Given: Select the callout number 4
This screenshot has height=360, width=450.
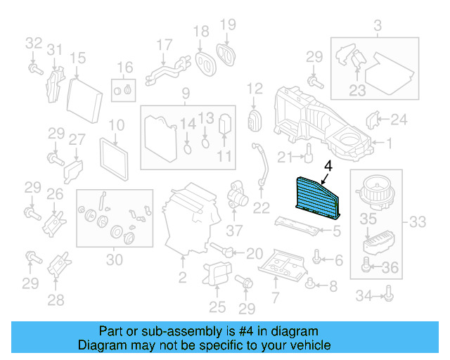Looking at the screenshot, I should pos(328,166).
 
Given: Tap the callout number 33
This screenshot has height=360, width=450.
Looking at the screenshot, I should pos(417,223).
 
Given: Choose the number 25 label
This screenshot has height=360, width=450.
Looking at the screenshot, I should pos(217,307).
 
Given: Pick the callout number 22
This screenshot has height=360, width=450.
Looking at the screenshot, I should pos(262,207).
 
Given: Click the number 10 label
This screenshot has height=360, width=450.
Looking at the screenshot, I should pos(115,126).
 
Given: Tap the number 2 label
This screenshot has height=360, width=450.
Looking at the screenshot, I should pos(182,278).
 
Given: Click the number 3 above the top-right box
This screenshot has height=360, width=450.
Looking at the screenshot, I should pos(377,27).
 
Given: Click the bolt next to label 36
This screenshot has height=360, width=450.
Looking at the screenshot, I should pos(366,266).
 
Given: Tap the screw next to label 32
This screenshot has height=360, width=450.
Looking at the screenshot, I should pos(33,67).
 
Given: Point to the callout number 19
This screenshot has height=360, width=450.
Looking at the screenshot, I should pos(227,26).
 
